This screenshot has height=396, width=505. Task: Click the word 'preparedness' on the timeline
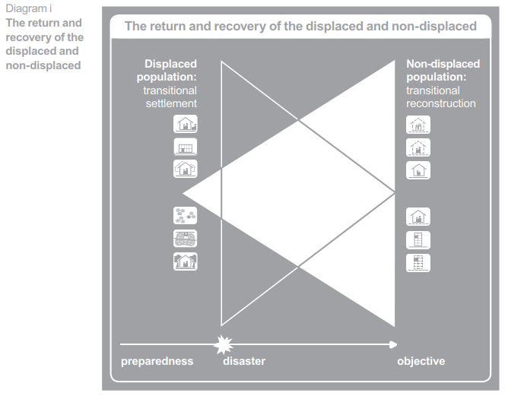pyautogui.click(x=157, y=361)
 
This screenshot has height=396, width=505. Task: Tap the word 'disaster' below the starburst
pyautogui.click(x=244, y=361)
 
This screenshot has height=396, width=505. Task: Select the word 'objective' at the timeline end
pyautogui.click(x=421, y=361)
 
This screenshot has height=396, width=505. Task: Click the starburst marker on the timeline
pyautogui.click(x=223, y=345)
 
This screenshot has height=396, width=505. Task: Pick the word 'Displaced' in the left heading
pyautogui.click(x=171, y=65)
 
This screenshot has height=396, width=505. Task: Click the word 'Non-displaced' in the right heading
pyautogui.click(x=443, y=65)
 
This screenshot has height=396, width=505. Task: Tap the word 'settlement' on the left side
pyautogui.click(x=171, y=103)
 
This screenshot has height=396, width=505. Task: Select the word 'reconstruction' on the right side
pyautogui.click(x=441, y=103)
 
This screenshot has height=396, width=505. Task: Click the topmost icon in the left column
pyautogui.click(x=186, y=124)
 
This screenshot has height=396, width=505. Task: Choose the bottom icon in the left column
pyautogui.click(x=186, y=262)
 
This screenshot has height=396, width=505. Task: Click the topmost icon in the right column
pyautogui.click(x=418, y=125)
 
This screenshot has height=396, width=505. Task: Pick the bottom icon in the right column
pyautogui.click(x=418, y=262)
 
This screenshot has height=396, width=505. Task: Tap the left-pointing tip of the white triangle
pyautogui.click(x=185, y=192)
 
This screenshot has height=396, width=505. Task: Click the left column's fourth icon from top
pyautogui.click(x=186, y=216)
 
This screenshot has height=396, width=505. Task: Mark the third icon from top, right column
pyautogui.click(x=418, y=170)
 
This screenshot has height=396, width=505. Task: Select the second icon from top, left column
pyautogui.click(x=186, y=147)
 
